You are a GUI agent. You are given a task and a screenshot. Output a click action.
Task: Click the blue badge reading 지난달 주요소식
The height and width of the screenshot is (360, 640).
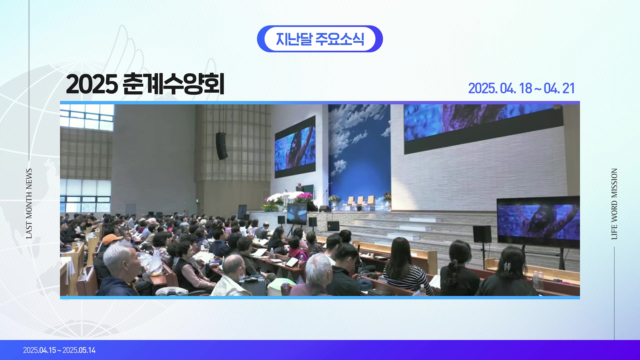(320, 39)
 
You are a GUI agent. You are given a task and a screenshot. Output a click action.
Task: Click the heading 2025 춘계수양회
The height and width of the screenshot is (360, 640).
(145, 84)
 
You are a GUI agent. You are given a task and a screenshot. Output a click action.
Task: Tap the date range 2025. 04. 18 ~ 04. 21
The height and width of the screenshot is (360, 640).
(521, 88)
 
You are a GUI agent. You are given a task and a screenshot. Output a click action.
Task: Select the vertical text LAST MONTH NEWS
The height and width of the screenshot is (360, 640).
(29, 204)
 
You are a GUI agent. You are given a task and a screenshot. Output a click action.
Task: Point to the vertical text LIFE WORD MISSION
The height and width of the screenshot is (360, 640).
(614, 204)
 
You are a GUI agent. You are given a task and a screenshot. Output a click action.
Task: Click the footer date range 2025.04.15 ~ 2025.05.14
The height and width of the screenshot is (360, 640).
(59, 350)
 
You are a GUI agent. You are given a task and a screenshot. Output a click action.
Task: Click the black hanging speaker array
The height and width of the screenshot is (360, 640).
(221, 146)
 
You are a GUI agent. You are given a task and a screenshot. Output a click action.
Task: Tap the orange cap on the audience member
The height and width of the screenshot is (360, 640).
(112, 239)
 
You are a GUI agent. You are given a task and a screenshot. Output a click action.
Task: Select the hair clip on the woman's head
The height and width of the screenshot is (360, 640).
(507, 267)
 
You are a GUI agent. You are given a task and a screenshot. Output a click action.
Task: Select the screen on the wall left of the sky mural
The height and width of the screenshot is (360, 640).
(295, 147)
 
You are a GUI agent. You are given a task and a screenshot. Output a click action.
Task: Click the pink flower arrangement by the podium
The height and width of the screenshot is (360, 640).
(304, 198)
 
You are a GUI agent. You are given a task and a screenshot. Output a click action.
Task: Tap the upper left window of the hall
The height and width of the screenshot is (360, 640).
(87, 117)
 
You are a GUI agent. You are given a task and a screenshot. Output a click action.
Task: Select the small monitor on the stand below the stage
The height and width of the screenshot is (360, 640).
(297, 214)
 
